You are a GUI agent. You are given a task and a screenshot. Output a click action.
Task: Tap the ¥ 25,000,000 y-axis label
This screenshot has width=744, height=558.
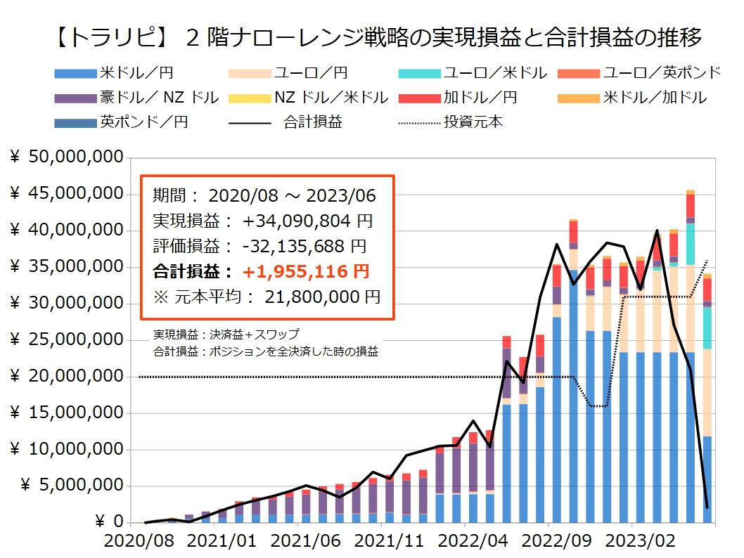[67, 340]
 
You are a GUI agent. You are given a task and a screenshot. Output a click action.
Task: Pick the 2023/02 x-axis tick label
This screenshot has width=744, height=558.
[631, 543]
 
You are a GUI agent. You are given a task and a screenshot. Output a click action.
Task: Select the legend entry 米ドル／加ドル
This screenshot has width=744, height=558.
[655, 98]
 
